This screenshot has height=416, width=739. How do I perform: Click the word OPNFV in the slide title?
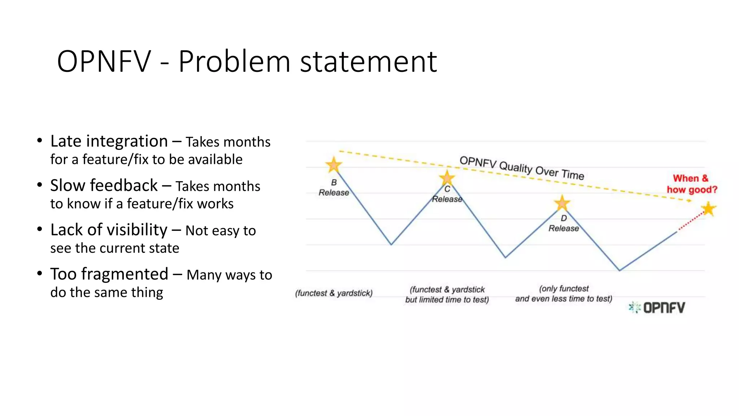point(104,61)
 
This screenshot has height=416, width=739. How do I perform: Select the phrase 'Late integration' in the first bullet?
point(109,141)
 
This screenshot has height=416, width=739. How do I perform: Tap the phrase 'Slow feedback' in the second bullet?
point(104,186)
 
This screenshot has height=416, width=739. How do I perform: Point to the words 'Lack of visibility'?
point(109,230)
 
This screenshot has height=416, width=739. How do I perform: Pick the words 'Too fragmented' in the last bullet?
point(109,274)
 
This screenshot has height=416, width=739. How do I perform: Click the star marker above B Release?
point(334,165)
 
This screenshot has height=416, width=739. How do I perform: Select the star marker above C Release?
point(447,178)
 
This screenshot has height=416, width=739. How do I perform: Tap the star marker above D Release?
point(562,203)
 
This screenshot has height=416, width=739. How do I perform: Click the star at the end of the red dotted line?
point(709,209)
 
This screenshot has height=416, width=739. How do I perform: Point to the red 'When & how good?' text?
point(691,184)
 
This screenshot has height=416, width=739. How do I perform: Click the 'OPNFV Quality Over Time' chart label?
point(522,168)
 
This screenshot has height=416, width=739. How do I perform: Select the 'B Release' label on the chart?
point(334,188)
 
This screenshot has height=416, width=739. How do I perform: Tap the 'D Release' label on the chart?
point(564,224)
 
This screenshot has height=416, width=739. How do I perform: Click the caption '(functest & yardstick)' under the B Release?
point(334,293)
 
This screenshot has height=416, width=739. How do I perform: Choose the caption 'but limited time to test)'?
point(447,300)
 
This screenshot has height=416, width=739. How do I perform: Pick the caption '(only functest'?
point(564,289)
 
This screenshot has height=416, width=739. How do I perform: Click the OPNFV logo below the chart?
point(657,308)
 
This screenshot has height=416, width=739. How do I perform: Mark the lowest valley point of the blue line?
point(620,270)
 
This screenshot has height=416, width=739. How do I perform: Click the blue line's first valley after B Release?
point(391,244)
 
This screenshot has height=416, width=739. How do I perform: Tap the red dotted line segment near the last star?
point(691,221)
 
